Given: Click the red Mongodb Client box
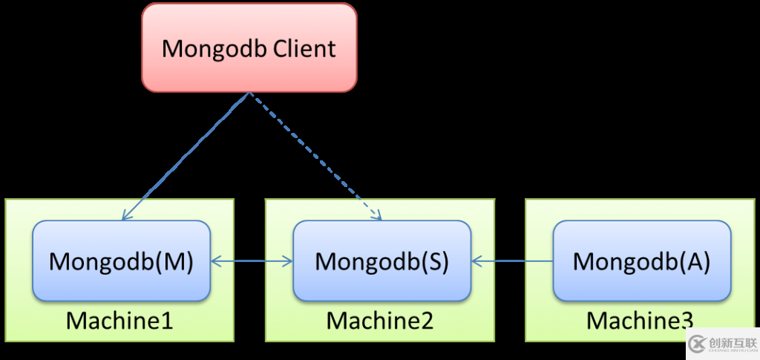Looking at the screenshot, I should point(249,48).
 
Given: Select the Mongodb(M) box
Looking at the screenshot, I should point(121,261).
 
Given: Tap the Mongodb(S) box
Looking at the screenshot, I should point(381,261).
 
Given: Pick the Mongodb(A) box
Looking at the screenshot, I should point(641,261).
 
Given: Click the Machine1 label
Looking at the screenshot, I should point(119,321).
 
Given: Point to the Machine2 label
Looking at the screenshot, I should point(380,321).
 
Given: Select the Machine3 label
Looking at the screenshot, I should point(640,321).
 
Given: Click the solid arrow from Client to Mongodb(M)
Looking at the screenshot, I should point(186,156).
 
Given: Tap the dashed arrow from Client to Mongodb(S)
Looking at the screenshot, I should point(315,156).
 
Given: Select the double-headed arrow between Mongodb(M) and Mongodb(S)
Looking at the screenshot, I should point(252,261).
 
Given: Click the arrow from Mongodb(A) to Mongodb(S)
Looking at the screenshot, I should point(512,261).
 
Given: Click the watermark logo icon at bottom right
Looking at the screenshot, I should point(696,344).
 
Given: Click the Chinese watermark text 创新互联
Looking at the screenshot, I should point(730,342).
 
